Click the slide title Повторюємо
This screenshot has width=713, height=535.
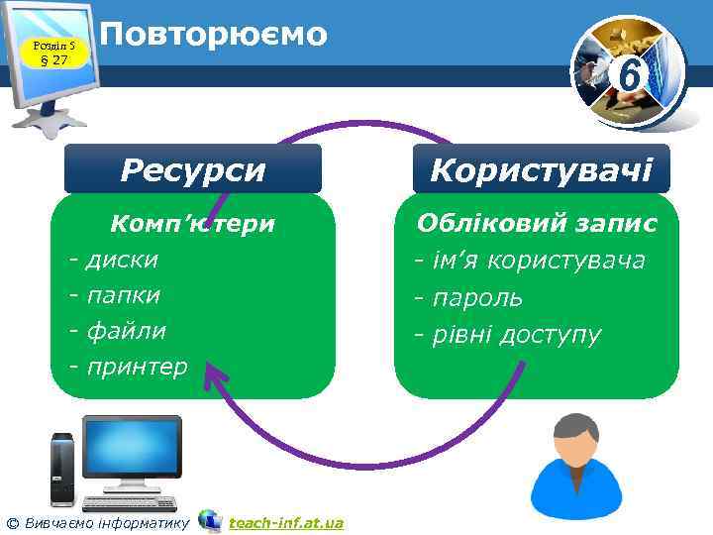[214, 34]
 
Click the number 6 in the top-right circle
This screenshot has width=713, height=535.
[626, 74]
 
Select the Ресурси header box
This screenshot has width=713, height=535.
[193, 169]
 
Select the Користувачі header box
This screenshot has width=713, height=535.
[541, 169]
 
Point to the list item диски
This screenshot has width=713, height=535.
[122, 260]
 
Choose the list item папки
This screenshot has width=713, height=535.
[124, 295]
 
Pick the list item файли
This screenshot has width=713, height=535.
[126, 331]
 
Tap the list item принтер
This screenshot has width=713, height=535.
[137, 367]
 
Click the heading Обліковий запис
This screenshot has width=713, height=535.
[537, 224]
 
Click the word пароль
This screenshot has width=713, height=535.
[480, 297]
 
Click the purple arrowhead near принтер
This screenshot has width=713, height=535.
[212, 375]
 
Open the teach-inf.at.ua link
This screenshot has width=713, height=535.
[285, 522]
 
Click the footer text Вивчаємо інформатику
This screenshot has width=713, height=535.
[105, 522]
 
